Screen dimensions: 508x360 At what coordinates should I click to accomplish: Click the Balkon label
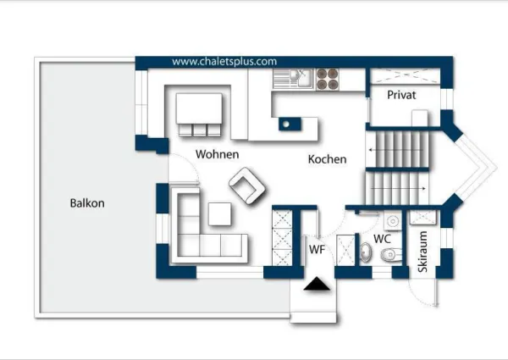[87, 203]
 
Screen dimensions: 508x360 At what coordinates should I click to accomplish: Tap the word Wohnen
[218, 154]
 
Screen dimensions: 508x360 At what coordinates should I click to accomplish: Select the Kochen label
[327, 159]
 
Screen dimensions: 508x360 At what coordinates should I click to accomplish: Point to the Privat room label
[401, 95]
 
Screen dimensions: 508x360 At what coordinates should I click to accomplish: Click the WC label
[383, 239]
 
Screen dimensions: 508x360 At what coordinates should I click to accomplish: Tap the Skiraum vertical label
[422, 252]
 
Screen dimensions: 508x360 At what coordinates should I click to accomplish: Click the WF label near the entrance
[317, 250]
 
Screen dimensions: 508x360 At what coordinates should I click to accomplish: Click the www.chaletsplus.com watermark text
[224, 62]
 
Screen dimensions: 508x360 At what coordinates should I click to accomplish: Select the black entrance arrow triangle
[317, 284]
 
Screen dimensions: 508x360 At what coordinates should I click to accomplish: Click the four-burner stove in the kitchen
[327, 79]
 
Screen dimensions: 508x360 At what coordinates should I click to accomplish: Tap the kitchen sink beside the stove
[293, 79]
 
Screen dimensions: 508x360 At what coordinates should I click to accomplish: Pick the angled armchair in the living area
[247, 186]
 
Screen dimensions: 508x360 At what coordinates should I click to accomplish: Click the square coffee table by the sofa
[219, 213]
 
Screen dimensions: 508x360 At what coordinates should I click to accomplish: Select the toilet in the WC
[391, 254]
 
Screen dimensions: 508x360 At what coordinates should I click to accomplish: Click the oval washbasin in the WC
[366, 252]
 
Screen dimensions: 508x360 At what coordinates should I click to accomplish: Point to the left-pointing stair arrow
[395, 150]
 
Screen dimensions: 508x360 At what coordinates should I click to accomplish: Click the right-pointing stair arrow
[398, 188]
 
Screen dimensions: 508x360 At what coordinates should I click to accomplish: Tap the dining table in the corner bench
[199, 108]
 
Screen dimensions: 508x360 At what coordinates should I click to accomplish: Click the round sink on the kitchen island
[286, 124]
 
